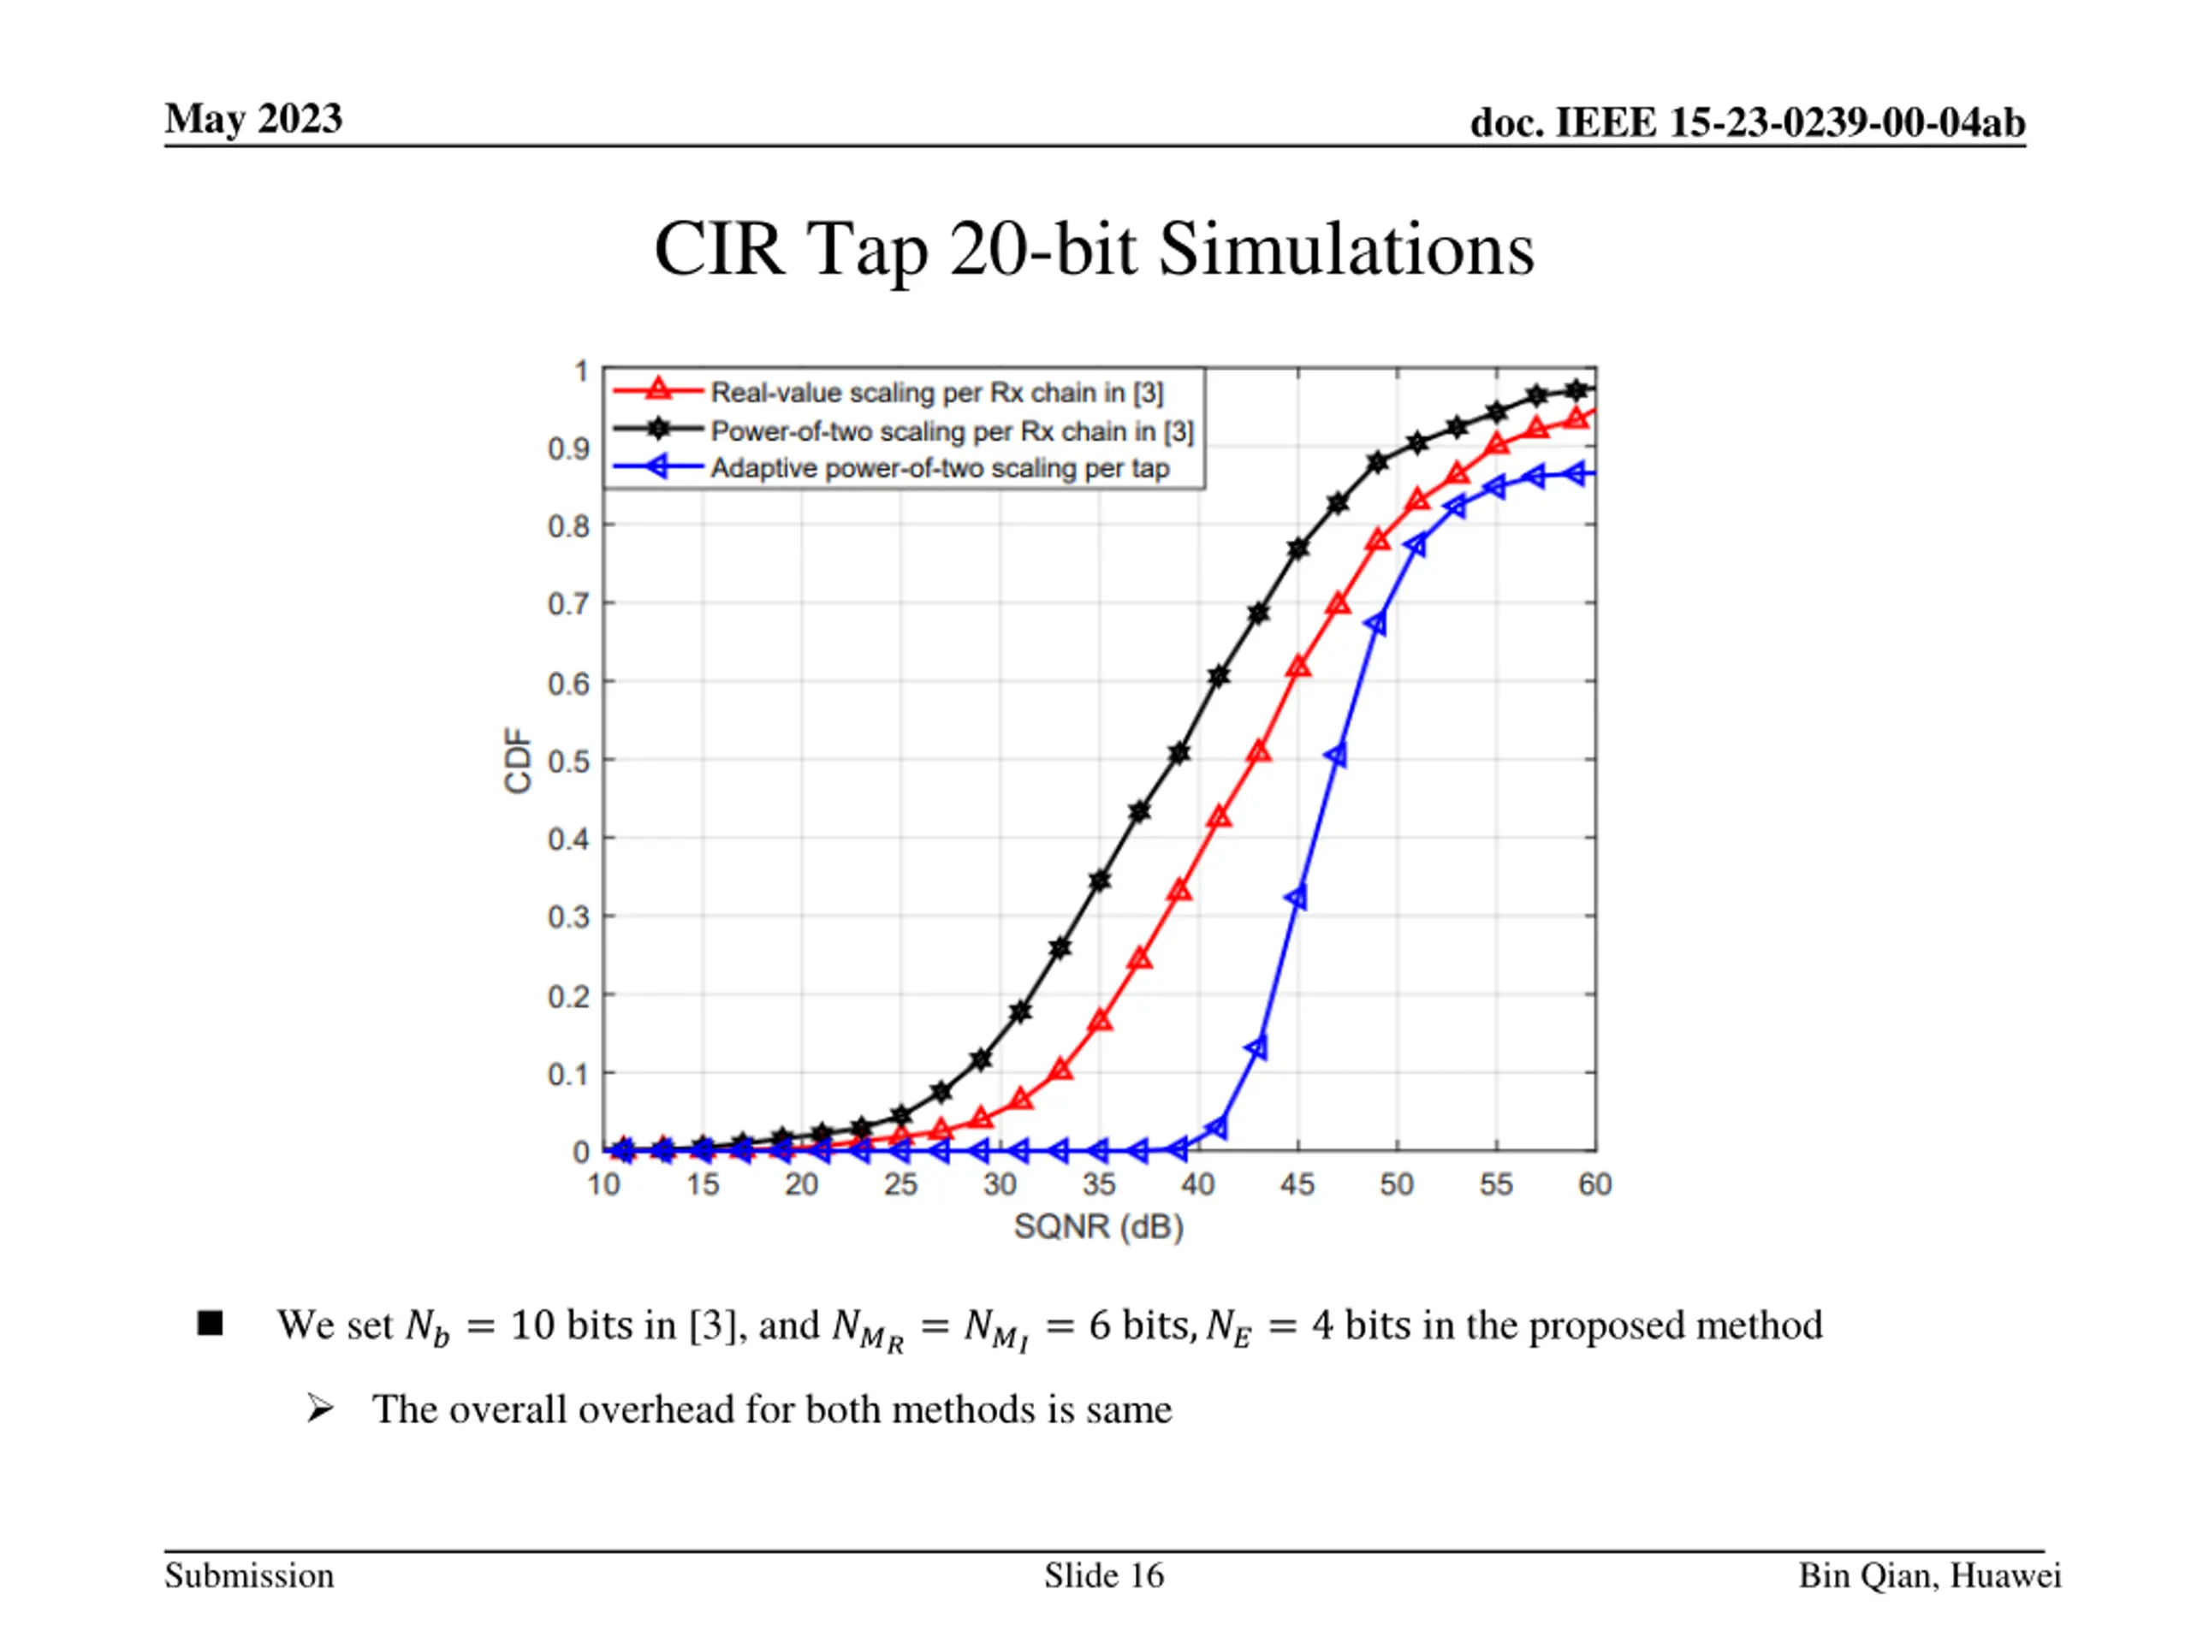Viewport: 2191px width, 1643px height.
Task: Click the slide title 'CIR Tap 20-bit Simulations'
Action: [x=1094, y=248]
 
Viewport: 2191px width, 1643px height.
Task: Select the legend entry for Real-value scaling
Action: [x=936, y=392]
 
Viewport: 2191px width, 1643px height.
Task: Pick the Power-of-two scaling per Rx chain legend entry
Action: [x=952, y=430]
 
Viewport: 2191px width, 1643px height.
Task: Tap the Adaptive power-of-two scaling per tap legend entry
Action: [x=939, y=467]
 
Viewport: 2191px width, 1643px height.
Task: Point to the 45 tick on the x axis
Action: [x=1297, y=1184]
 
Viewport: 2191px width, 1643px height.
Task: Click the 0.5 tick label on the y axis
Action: [x=568, y=762]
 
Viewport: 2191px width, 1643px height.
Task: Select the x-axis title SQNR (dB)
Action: [x=1098, y=1227]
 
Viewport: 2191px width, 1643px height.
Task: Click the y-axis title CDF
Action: [x=518, y=760]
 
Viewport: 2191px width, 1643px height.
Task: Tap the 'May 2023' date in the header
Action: [x=253, y=119]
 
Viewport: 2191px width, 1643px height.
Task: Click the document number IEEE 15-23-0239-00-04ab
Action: [x=1748, y=123]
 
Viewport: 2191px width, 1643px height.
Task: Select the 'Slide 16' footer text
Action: [x=1103, y=1575]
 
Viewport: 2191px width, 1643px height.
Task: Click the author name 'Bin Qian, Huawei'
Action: [x=1928, y=1575]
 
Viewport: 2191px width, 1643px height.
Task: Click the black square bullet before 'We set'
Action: [x=210, y=1323]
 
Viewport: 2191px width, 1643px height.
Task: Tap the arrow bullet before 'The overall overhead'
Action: [x=319, y=1408]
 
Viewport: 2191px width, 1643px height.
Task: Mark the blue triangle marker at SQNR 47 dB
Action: [x=1336, y=756]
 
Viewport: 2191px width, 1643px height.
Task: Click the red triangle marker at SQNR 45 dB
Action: [x=1297, y=667]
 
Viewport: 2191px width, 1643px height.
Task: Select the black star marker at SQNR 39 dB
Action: [x=1179, y=754]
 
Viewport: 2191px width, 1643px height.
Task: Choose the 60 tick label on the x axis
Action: [x=1594, y=1184]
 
